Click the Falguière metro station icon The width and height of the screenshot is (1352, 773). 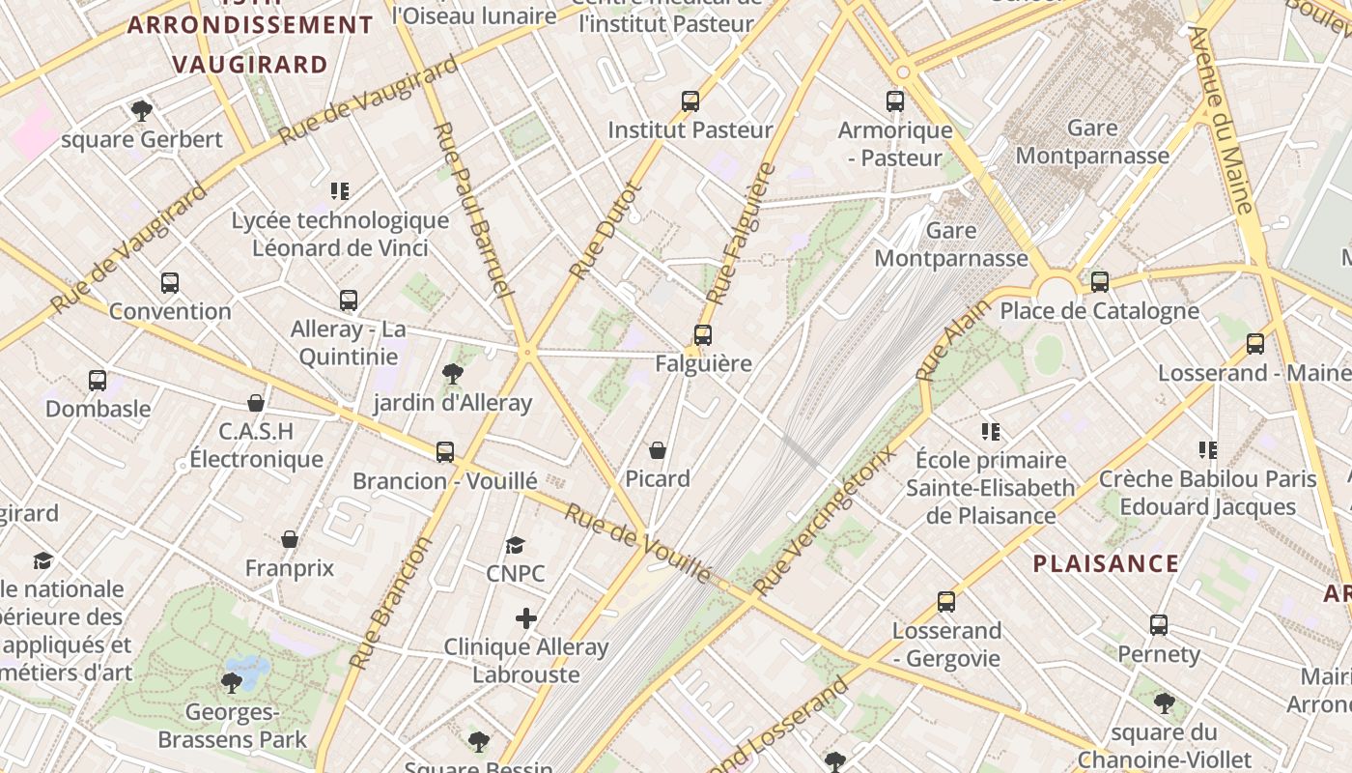(x=702, y=335)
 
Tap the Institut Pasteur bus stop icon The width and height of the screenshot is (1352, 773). (x=690, y=101)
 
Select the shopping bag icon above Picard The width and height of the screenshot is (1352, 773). (x=658, y=450)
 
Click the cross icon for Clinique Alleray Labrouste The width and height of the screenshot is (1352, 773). (x=525, y=618)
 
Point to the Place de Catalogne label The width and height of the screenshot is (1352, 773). (x=1099, y=311)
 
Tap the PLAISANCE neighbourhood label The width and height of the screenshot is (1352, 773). (x=1106, y=563)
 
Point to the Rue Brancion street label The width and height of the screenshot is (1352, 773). (x=389, y=604)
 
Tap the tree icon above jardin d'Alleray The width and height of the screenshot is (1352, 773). (x=452, y=374)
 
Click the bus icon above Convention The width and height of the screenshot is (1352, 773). (x=170, y=283)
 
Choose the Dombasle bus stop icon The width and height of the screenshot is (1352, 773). (x=98, y=381)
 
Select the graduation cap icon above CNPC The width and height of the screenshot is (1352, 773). (x=515, y=546)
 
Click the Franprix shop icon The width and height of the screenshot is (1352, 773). (x=289, y=539)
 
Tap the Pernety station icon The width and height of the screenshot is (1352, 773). (x=1158, y=625)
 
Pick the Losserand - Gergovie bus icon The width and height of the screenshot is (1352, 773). (x=945, y=602)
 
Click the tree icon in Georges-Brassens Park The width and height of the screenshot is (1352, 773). (x=231, y=683)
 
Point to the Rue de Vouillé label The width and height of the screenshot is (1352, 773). (x=637, y=544)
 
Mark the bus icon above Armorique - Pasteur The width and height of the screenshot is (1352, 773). (x=895, y=101)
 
